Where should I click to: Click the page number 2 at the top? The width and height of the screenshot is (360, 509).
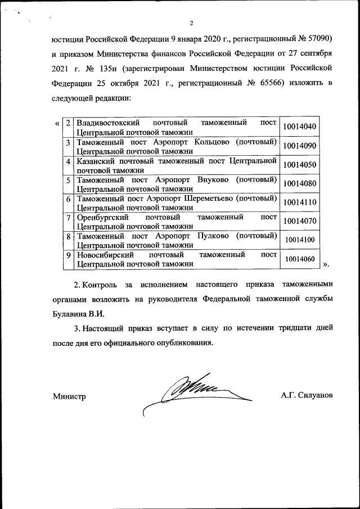(191, 23)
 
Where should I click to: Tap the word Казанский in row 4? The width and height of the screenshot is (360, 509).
(95, 160)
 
